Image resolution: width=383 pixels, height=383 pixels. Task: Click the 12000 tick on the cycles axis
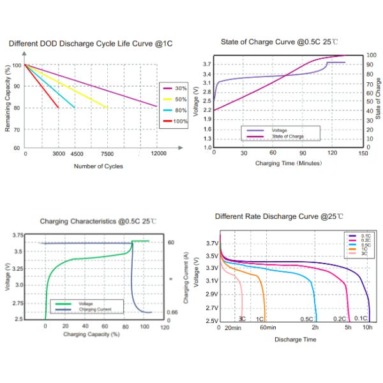158,154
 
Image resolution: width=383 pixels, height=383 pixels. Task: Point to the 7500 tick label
107,154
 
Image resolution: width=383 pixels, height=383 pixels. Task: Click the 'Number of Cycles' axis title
99,167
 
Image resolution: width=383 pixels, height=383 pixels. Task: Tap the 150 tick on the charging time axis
363,154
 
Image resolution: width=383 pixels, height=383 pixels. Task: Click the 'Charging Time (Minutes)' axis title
288,163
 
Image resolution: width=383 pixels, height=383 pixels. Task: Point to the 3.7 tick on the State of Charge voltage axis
206,64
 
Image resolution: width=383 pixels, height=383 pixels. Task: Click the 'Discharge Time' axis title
295,339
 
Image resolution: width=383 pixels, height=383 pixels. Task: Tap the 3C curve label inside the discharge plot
243,318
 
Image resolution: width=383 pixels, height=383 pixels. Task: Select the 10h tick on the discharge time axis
368,327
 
